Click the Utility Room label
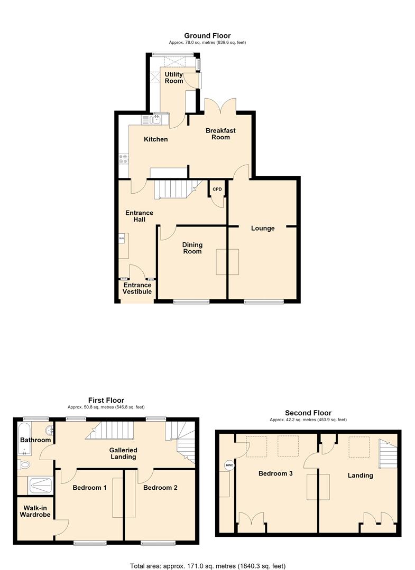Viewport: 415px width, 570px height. pos(173,78)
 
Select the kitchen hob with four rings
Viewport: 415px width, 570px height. pos(123,158)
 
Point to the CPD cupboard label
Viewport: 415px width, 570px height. pos(217,189)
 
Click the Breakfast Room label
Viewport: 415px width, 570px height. pos(220,134)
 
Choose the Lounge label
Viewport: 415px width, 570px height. pos(263,229)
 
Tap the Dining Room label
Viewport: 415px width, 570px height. pos(192,248)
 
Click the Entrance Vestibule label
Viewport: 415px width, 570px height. pos(137,288)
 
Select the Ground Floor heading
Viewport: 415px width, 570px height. pos(207,36)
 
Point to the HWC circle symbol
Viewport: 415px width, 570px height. pos(229,465)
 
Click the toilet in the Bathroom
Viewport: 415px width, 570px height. pos(24,464)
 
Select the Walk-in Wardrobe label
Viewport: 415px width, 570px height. pos(35,511)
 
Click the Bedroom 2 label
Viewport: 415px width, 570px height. pos(160,488)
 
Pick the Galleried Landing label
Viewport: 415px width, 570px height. pos(123,453)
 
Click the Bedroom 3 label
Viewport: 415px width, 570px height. pos(275,473)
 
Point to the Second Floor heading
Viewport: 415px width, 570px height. pos(308,413)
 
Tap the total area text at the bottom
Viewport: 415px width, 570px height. pos(207,566)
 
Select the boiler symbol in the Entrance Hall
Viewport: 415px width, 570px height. pos(122,239)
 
